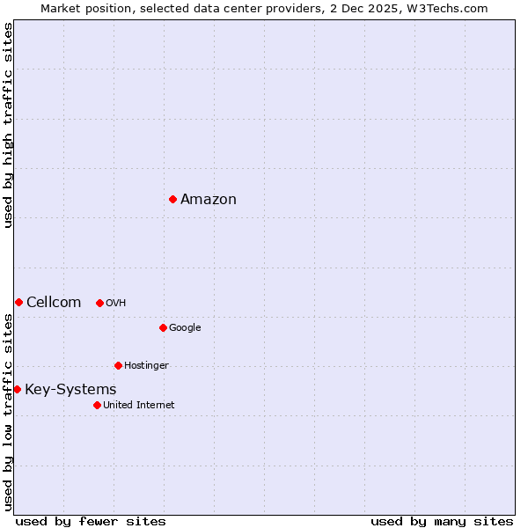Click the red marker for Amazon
point(172,199)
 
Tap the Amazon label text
point(209,200)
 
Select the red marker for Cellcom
point(18,302)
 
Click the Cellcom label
point(54,303)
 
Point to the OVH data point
point(99,303)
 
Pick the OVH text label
point(115,304)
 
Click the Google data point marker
point(163,327)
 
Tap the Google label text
point(185,328)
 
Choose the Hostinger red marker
point(118,365)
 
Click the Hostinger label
point(146,366)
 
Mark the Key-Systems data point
point(17,389)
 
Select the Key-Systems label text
point(70,390)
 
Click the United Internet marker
point(97,405)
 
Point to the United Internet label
point(138,406)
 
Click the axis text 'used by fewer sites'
point(91,521)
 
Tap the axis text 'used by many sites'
point(442,521)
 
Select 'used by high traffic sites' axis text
point(9,125)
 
